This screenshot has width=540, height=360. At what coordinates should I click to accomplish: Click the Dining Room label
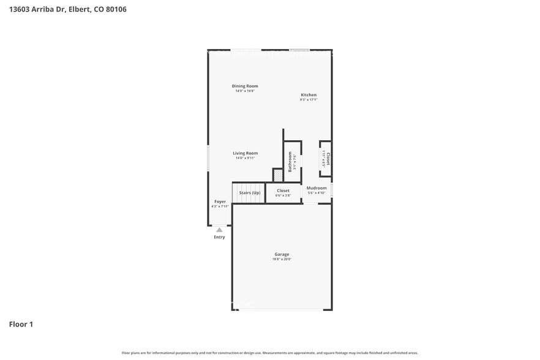click(245, 86)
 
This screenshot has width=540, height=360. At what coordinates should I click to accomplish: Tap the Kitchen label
click(309, 95)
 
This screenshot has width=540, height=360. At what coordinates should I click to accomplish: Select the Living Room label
click(245, 153)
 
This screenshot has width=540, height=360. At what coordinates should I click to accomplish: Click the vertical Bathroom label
click(290, 162)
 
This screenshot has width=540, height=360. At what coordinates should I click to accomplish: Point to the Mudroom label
click(317, 188)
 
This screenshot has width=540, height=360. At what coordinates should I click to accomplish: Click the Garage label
click(282, 254)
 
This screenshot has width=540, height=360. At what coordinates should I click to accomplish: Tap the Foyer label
click(220, 201)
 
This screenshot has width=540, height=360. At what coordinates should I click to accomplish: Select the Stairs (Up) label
click(249, 192)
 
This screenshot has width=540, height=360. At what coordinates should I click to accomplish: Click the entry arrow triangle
click(219, 230)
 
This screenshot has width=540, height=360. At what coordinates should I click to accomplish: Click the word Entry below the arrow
click(219, 237)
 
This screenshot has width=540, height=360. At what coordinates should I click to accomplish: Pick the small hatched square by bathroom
click(278, 176)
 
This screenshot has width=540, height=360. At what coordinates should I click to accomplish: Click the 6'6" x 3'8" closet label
click(283, 195)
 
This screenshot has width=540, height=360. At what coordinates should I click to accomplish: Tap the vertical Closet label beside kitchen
click(328, 159)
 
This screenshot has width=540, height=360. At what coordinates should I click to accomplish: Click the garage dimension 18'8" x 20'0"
click(282, 260)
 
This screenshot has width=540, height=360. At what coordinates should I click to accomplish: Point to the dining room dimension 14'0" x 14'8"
click(245, 91)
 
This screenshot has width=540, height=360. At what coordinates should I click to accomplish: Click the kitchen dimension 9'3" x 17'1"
click(309, 100)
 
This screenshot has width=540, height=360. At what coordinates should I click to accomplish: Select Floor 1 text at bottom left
click(21, 324)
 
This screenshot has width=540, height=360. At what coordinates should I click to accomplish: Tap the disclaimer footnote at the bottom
click(269, 353)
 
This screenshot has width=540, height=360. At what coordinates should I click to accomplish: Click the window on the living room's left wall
click(208, 158)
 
